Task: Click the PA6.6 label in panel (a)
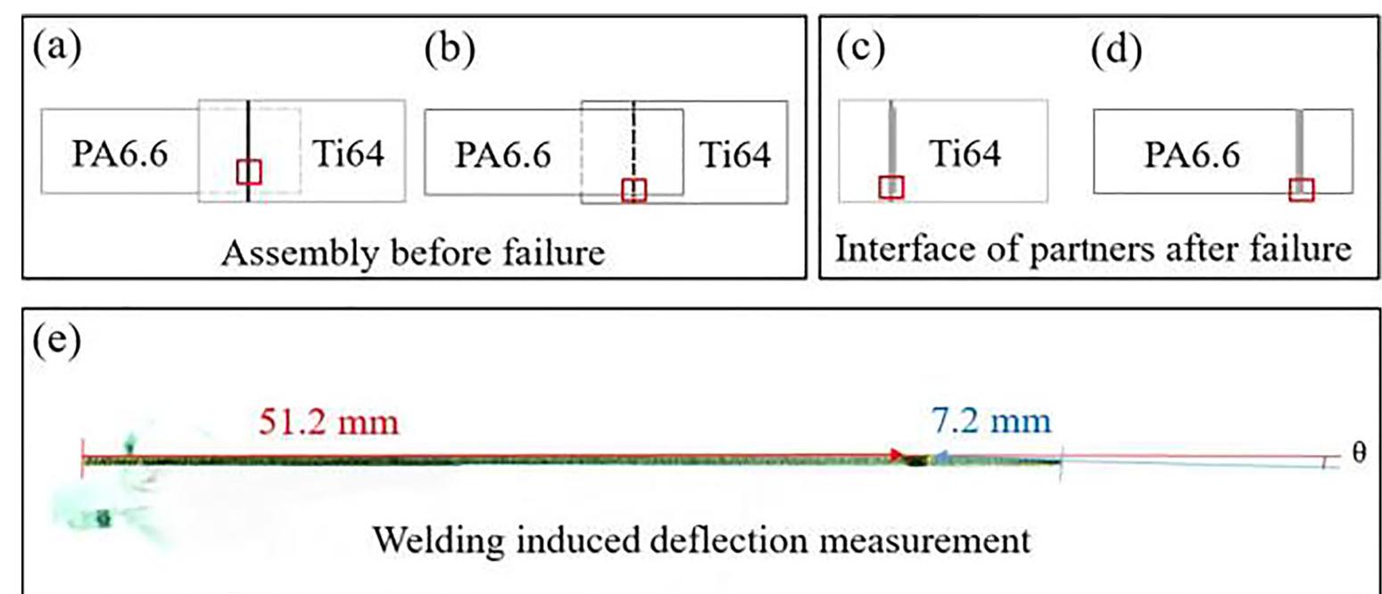[118, 155]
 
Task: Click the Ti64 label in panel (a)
[348, 155]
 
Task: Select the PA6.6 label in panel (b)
[502, 155]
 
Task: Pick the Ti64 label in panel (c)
[965, 155]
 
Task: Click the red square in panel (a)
[249, 171]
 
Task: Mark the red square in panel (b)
[633, 190]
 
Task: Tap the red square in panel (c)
[891, 187]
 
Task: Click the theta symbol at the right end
[1359, 453]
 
